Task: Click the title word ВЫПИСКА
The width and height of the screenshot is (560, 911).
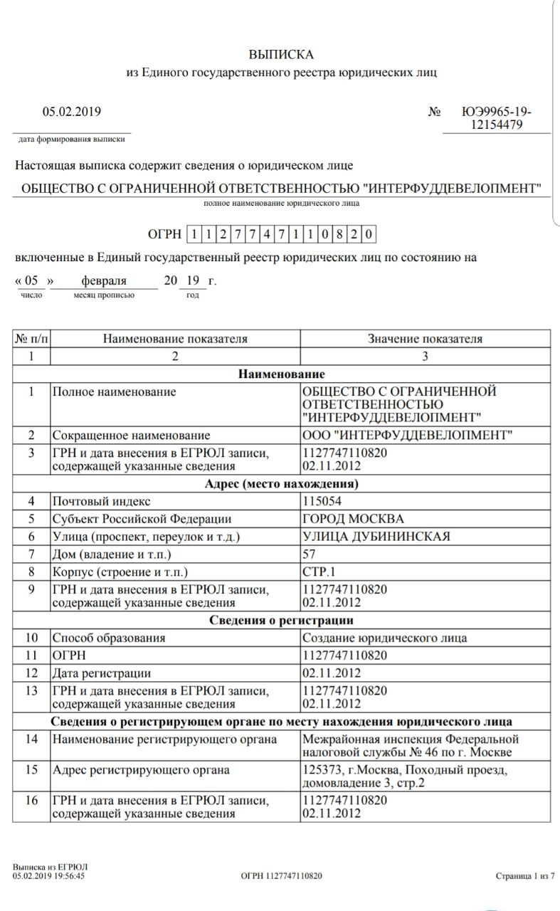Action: (x=280, y=54)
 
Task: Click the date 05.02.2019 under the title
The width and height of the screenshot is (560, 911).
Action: (x=71, y=111)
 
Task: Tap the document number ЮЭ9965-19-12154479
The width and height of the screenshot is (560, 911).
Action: (x=496, y=118)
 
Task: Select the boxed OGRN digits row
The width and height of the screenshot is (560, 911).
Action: (x=281, y=233)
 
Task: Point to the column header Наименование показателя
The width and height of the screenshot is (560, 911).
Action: (x=175, y=339)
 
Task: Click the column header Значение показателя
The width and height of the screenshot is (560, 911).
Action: (x=425, y=339)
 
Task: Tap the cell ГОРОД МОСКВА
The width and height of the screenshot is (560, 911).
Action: (x=353, y=519)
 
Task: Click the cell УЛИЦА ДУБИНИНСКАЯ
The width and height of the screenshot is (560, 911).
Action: (x=376, y=536)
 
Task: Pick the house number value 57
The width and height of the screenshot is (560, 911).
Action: (x=310, y=553)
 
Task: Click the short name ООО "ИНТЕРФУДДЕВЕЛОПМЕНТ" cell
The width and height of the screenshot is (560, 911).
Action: (x=407, y=435)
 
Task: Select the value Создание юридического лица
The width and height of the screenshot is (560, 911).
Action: (x=385, y=638)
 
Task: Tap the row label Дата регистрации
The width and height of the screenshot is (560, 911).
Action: (x=102, y=673)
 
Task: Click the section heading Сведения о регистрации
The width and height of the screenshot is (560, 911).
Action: (x=281, y=621)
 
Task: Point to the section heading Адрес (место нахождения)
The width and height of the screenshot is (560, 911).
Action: (x=281, y=485)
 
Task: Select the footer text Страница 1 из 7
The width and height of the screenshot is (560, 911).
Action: (x=524, y=876)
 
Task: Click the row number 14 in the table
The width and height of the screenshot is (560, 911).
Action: (x=31, y=739)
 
